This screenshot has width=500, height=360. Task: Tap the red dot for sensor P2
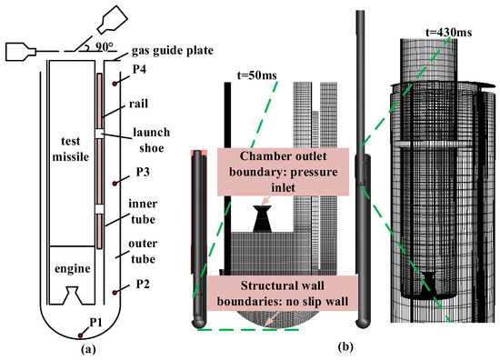(115, 293)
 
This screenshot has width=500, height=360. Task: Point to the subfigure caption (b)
(345, 345)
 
